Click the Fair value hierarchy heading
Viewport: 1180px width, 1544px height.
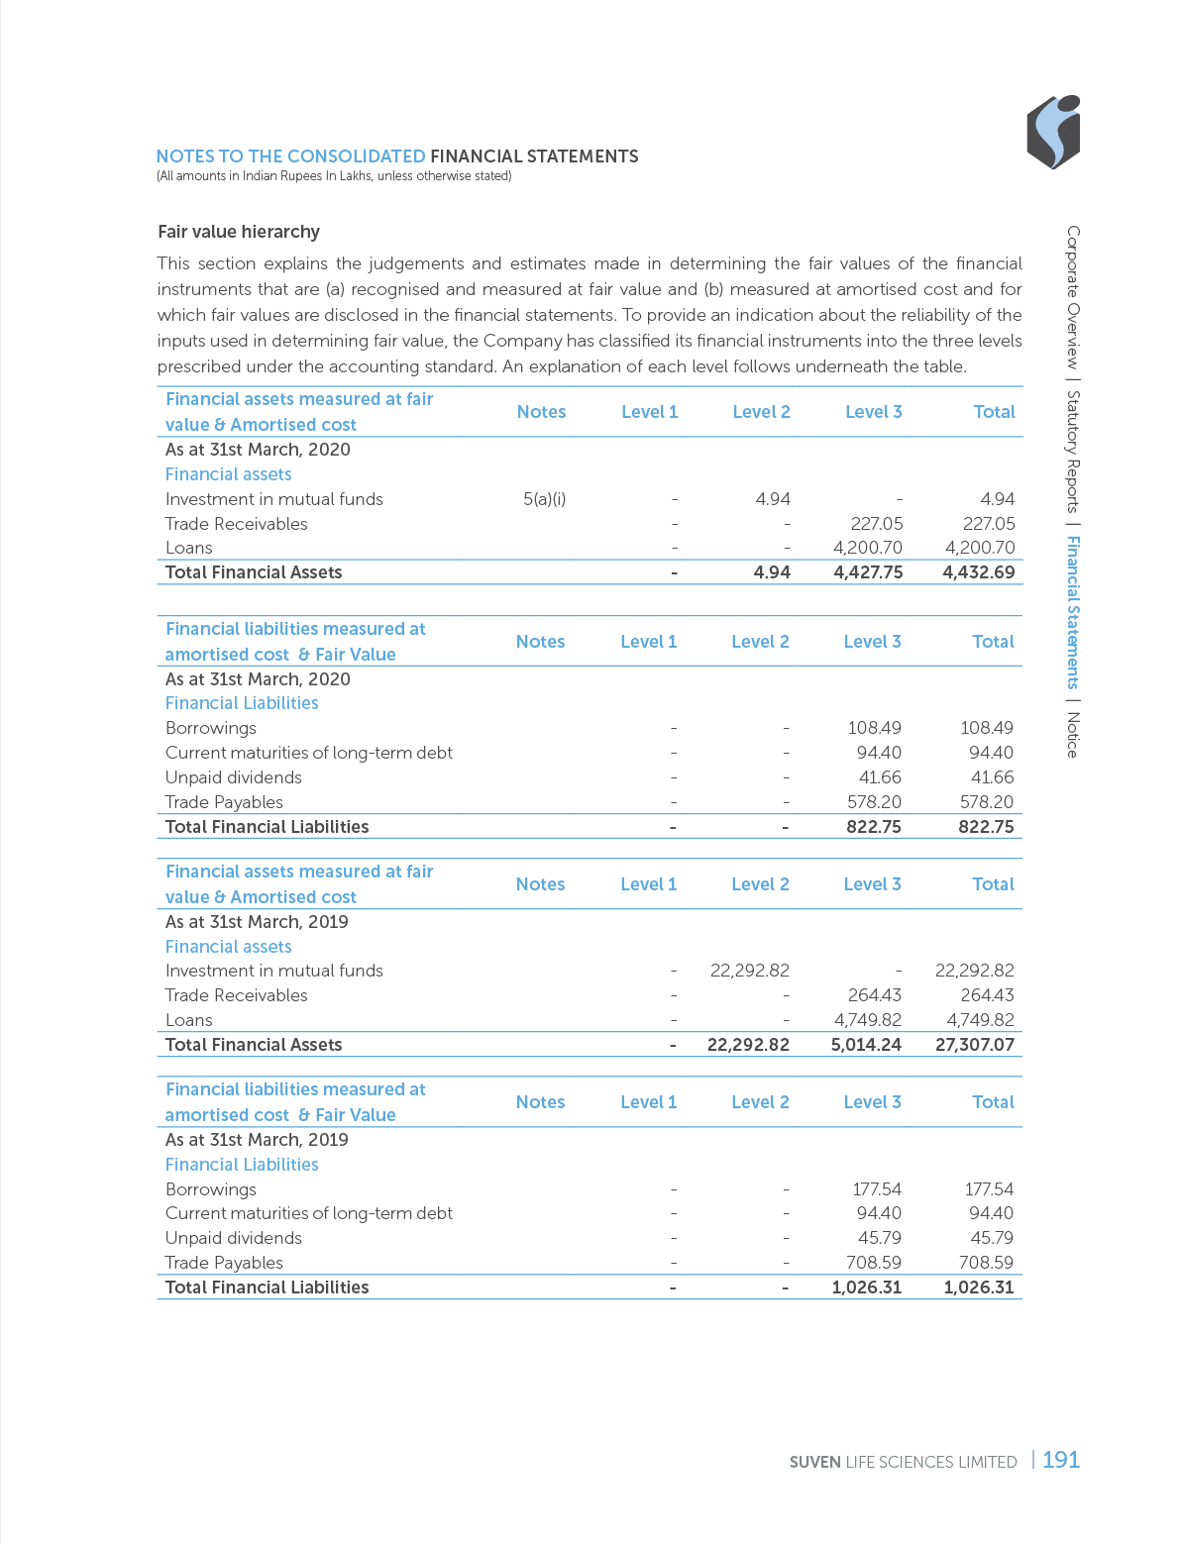[x=239, y=232]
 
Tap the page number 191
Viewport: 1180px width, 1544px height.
[x=1060, y=1459]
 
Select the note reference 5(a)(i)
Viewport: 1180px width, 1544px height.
[x=544, y=499]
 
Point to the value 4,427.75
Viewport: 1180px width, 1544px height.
[x=868, y=572]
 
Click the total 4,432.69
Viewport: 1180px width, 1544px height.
[x=979, y=572]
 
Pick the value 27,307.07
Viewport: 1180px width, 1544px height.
[x=974, y=1044]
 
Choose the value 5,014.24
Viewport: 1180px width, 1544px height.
[x=865, y=1044]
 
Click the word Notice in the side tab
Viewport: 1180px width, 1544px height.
[x=1072, y=735]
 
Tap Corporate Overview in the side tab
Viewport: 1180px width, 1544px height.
[x=1072, y=297]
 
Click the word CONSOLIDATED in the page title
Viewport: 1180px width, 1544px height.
[x=357, y=156]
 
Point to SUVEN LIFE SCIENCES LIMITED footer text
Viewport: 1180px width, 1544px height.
[x=904, y=1462]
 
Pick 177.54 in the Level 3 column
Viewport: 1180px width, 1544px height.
[x=876, y=1189]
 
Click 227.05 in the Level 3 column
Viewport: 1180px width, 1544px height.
[x=876, y=524]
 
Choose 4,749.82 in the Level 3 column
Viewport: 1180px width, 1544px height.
[x=867, y=1020]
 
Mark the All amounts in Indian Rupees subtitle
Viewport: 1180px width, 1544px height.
[x=333, y=176]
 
